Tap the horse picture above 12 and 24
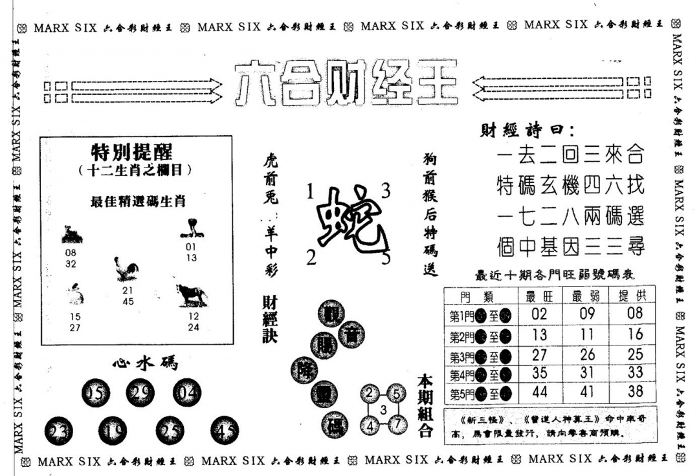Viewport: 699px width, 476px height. pos(192,294)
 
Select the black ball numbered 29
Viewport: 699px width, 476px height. pos(140,393)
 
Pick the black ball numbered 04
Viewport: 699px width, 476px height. pos(187,392)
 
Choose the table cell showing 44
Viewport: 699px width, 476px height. pos(539,392)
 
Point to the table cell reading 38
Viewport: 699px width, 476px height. pos(635,392)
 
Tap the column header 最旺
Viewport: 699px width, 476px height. pos(539,297)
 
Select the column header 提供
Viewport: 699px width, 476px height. pos(635,297)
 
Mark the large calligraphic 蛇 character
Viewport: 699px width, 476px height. pos(349,220)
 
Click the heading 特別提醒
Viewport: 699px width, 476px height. pos(131,153)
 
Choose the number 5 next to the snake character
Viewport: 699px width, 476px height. pos(386,259)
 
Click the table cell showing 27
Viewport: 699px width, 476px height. pos(539,354)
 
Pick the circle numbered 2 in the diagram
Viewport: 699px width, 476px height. pos(370,393)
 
